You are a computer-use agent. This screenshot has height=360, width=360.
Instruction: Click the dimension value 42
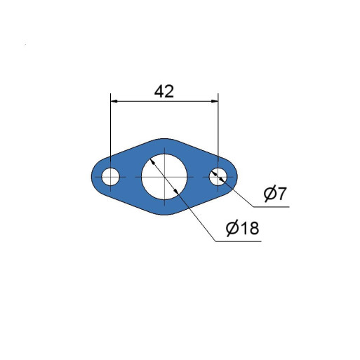164,91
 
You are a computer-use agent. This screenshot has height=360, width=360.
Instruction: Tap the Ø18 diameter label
243,227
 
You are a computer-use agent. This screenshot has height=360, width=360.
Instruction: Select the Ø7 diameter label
274,194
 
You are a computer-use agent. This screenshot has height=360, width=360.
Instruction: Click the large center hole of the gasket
164,177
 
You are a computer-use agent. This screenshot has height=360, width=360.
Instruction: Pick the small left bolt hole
110,177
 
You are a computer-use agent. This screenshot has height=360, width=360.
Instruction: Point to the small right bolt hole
218,177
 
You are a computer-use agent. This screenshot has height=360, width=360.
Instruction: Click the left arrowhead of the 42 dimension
114,101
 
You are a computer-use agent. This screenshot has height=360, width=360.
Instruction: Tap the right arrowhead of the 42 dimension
215,101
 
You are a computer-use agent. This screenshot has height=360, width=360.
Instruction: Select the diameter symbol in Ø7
269,194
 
